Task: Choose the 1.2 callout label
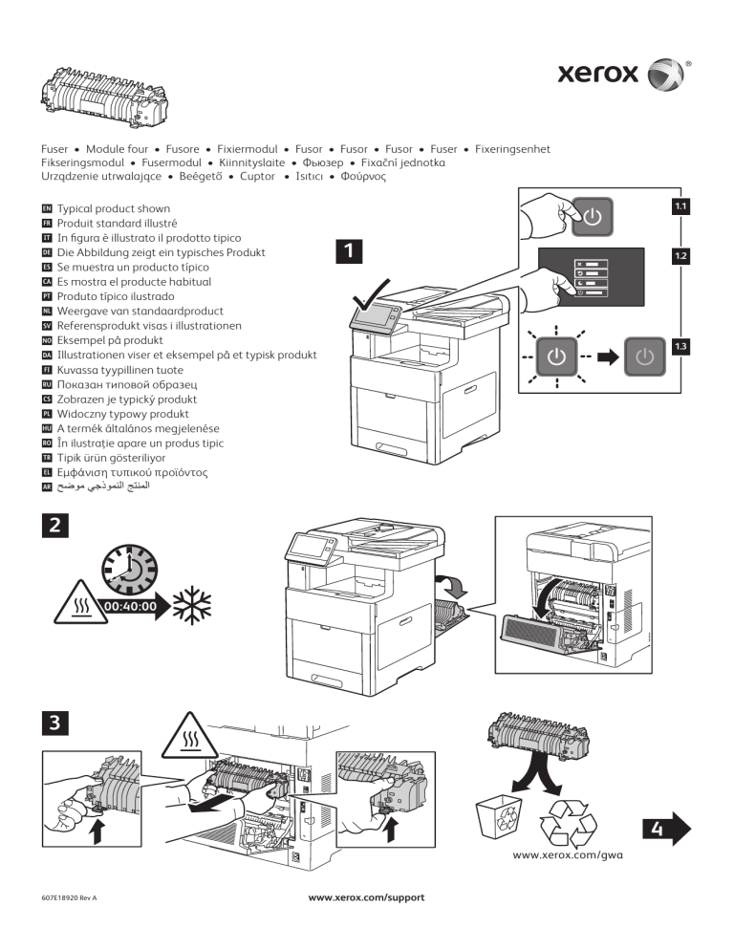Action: (680, 256)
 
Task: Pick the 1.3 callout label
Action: (680, 345)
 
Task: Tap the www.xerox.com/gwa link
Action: (568, 855)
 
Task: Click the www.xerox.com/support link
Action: (366, 898)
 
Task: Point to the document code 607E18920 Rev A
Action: (71, 899)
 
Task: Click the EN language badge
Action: (48, 208)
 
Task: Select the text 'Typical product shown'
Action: (114, 208)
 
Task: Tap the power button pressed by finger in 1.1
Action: (593, 216)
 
